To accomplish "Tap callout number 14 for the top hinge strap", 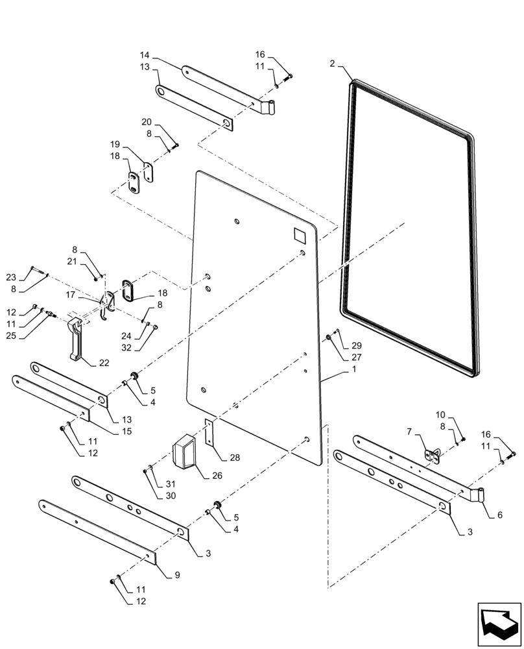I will tap(145, 56).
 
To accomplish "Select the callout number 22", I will tap(104, 363).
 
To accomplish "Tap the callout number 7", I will tap(410, 431).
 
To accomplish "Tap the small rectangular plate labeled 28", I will tap(209, 431).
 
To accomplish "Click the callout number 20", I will tap(147, 122).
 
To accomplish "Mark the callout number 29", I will tap(356, 346).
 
